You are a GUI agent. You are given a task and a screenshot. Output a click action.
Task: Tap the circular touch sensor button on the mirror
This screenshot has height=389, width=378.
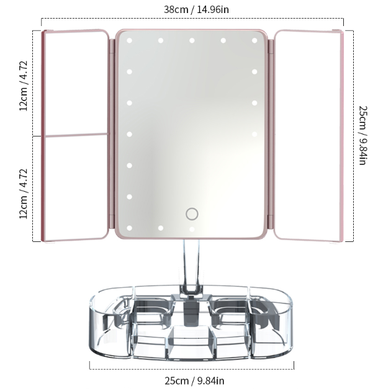(x=192, y=214)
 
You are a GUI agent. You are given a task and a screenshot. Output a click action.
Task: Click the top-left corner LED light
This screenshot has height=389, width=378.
(x=130, y=41)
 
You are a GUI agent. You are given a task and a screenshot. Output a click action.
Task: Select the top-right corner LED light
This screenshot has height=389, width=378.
(x=254, y=41)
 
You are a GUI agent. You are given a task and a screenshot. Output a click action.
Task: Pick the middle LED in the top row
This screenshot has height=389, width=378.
(x=192, y=41)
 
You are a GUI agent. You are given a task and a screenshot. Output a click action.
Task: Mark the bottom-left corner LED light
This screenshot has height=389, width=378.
(x=130, y=228)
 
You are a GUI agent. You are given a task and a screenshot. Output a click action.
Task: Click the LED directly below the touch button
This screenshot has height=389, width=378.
(x=192, y=229)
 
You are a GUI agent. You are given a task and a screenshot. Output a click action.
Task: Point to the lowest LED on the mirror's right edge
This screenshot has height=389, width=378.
(x=254, y=134)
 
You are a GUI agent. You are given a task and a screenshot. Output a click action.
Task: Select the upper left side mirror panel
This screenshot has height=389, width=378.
(x=76, y=82)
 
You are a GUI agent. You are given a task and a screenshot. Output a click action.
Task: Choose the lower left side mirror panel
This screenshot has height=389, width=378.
(x=76, y=186)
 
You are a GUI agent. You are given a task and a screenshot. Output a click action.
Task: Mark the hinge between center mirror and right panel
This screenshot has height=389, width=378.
(x=271, y=135)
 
